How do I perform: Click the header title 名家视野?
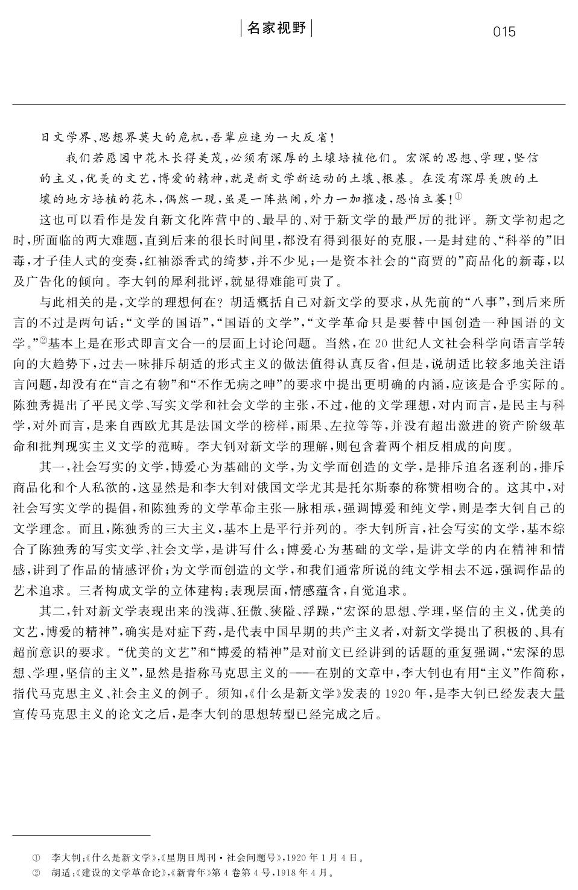[x=277, y=28]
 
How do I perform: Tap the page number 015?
[x=504, y=32]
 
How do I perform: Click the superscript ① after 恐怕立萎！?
[x=459, y=196]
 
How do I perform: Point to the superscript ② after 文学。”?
[x=43, y=341]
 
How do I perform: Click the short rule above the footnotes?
[x=81, y=836]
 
